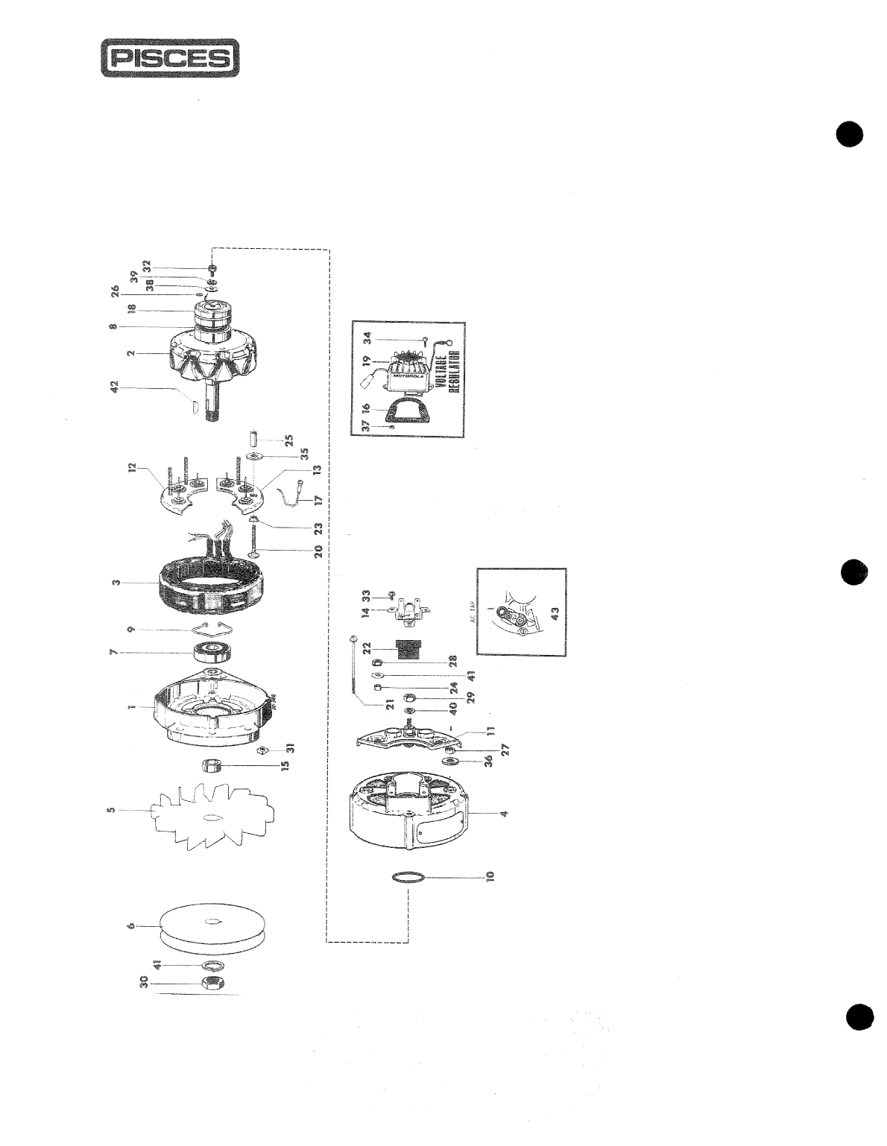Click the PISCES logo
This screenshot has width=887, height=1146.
pos(170,58)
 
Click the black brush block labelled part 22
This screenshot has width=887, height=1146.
pos(408,649)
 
